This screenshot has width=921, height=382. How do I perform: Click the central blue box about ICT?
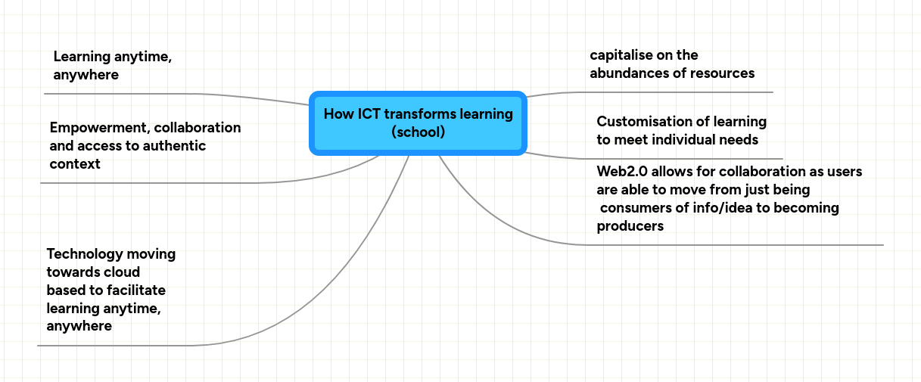point(418,123)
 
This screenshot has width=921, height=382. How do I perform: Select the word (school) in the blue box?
point(418,132)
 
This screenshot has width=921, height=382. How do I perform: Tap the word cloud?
point(123,272)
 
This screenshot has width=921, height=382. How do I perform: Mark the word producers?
point(630,226)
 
